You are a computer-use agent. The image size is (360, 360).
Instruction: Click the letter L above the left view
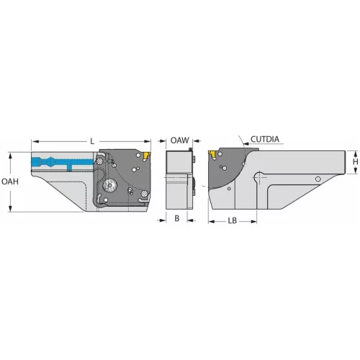92,142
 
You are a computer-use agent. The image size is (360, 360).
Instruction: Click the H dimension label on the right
354,164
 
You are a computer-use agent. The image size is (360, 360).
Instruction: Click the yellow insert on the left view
146,155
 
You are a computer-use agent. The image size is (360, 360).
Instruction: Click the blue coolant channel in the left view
65,162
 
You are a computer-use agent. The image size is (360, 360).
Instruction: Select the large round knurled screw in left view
110,186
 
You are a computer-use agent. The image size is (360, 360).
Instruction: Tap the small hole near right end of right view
318,179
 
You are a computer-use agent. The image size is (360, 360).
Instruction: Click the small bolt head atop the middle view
189,150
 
